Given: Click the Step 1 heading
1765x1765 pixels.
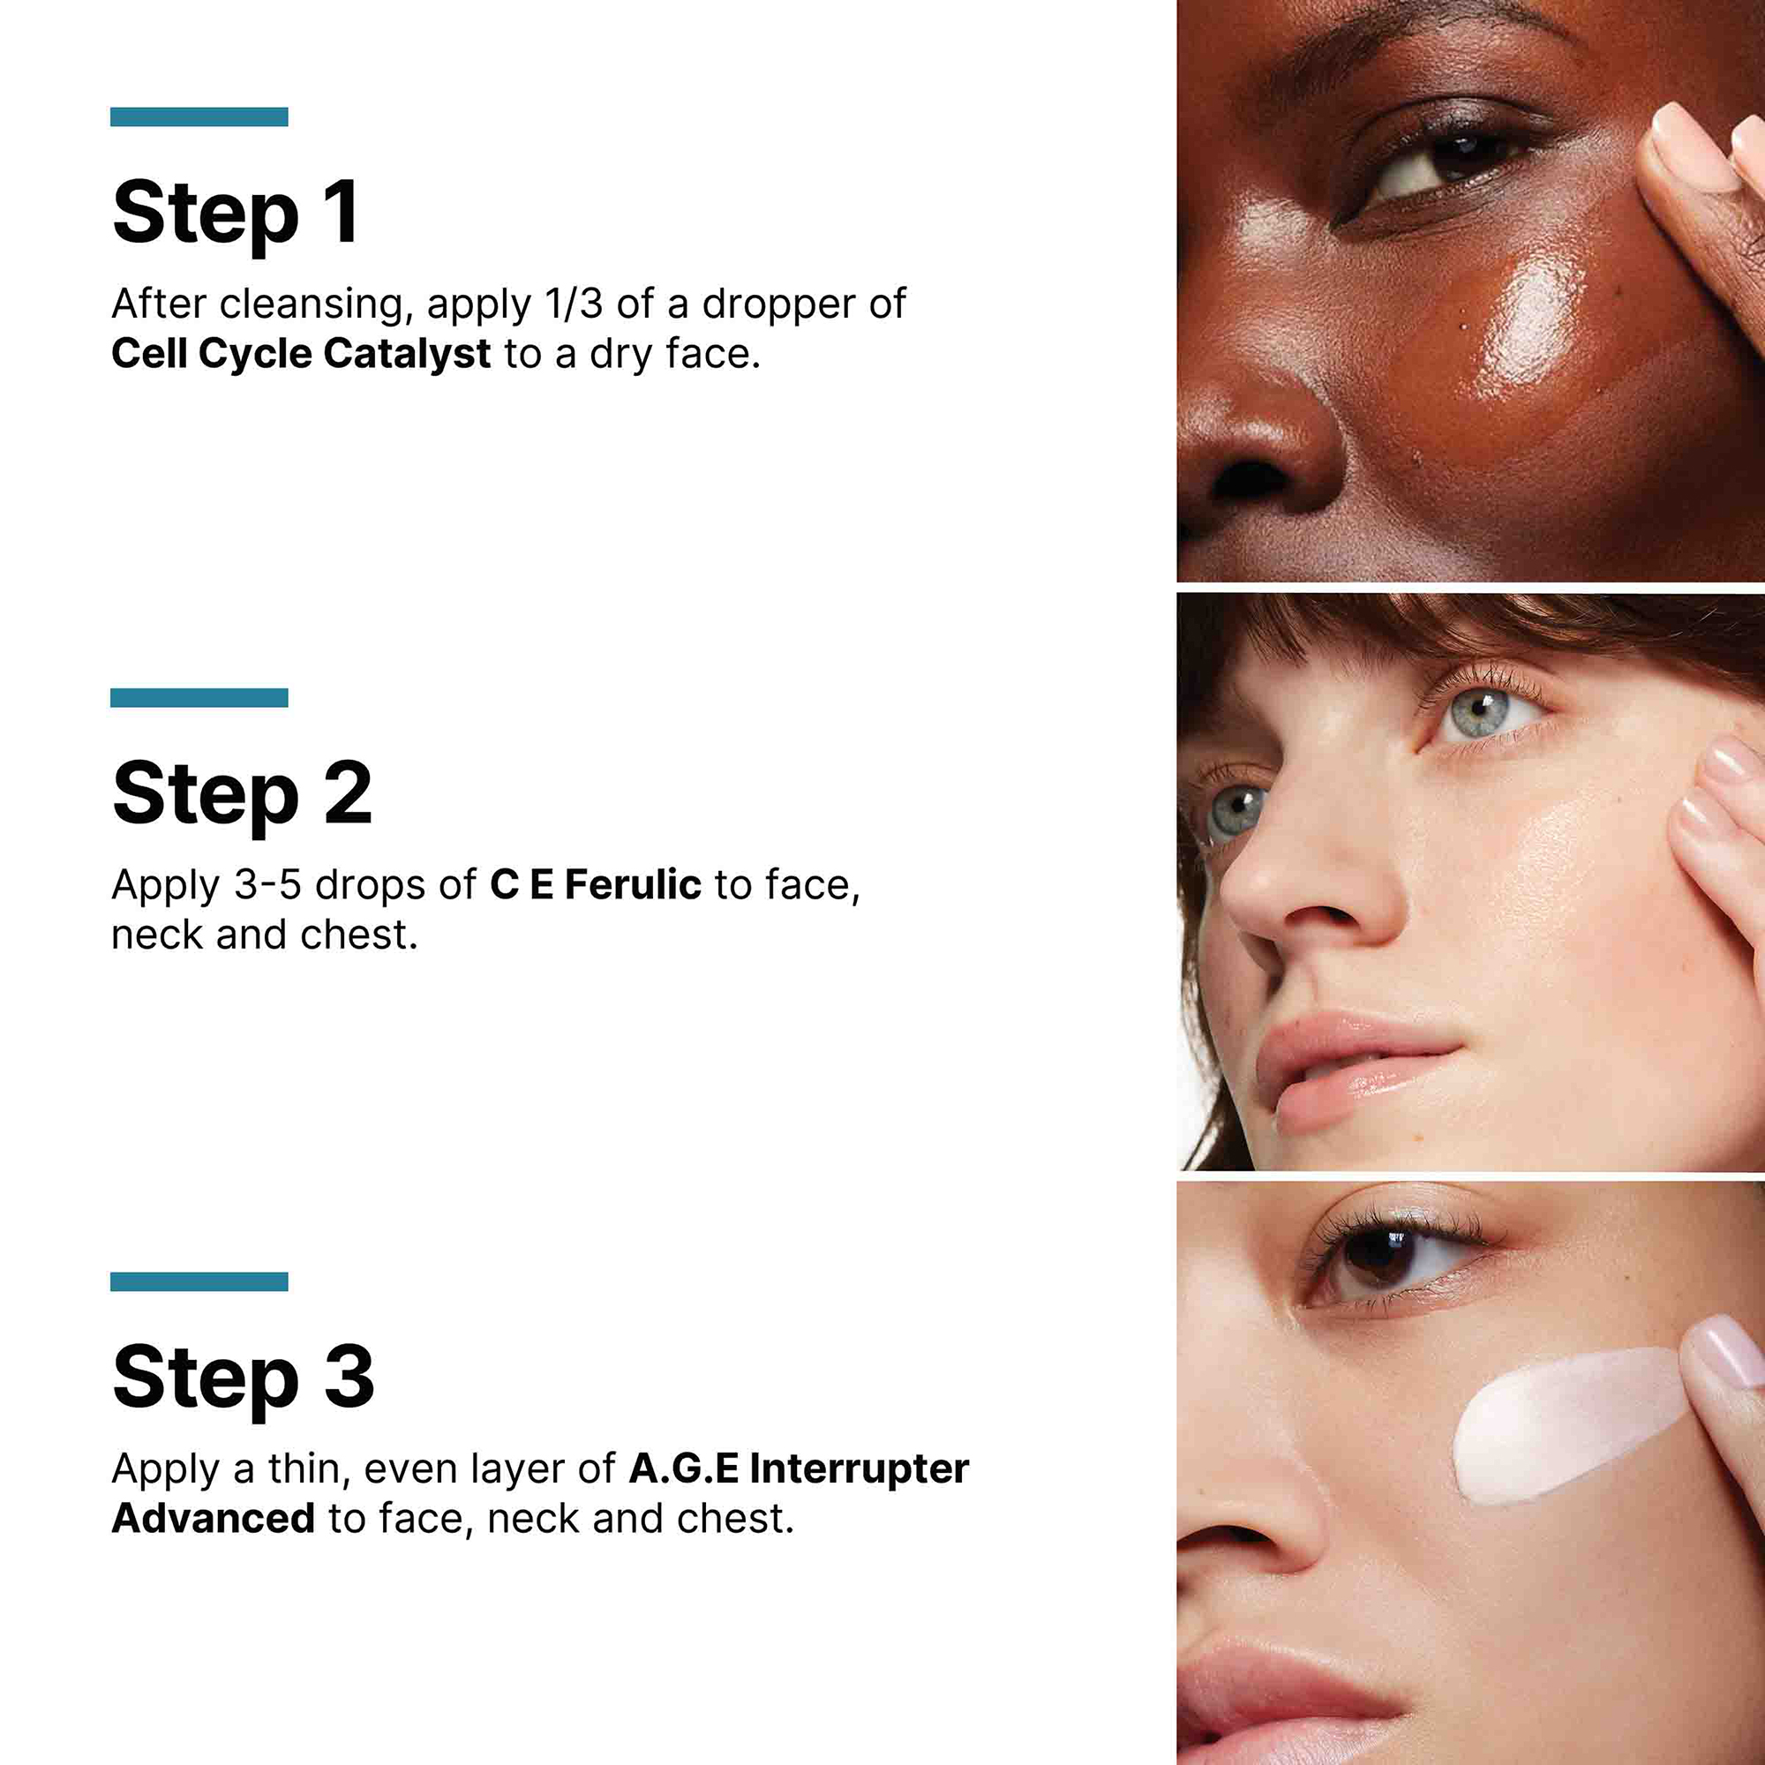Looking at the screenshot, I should click(236, 214).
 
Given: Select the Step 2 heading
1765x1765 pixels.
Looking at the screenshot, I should click(242, 794).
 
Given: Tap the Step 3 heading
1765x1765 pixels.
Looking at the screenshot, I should click(243, 1378).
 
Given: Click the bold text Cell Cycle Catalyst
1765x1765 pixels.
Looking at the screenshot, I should click(301, 354).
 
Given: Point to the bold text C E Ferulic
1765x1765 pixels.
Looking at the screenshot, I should click(595, 884).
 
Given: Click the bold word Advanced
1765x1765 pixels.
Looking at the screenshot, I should click(213, 1518).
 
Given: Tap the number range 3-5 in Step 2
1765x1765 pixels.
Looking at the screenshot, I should click(267, 884).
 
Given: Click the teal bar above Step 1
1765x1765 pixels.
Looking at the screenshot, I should click(199, 117).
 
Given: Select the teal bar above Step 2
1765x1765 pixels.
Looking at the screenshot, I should click(199, 698).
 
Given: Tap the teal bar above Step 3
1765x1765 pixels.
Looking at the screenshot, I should click(199, 1281).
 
